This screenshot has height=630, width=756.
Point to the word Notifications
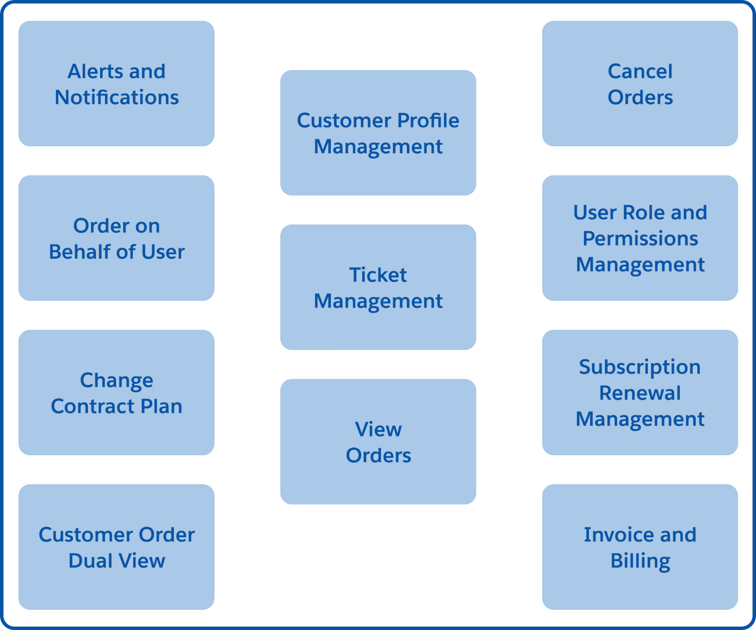tap(117, 97)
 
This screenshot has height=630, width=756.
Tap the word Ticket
tap(378, 275)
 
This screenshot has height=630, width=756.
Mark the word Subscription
tap(640, 367)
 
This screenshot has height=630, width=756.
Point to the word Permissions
tap(640, 239)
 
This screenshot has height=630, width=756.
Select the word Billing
tap(640, 561)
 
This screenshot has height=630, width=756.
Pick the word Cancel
tap(640, 72)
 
